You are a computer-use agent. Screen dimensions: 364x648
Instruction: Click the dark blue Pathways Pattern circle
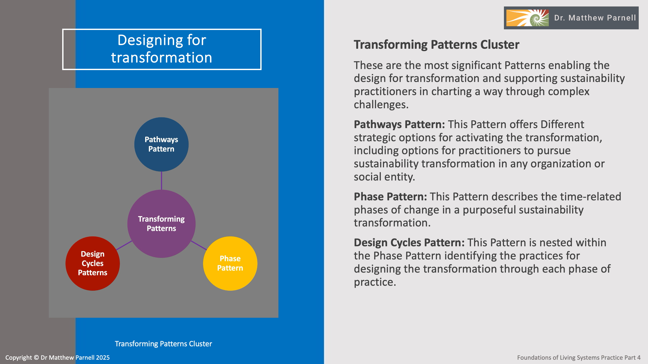pos(161,144)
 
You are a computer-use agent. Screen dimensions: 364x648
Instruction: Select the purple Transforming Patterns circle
pos(161,224)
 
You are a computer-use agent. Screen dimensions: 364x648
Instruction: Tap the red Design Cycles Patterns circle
pos(93,263)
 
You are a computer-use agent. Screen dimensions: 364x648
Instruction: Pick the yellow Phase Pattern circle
pos(230,263)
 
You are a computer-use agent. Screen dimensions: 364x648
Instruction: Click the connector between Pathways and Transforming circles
pos(162,180)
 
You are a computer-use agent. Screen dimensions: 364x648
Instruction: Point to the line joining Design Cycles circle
pos(124,245)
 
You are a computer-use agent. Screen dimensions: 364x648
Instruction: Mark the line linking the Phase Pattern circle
pos(199,245)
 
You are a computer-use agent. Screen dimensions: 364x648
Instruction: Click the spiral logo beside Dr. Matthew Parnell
pos(527,18)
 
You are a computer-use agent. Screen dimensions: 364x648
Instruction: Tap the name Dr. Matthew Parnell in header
pos(595,18)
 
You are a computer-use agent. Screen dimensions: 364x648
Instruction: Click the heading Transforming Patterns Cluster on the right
pos(437,44)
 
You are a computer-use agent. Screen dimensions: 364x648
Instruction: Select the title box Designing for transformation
pos(162,49)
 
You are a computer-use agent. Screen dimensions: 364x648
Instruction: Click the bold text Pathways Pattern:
pos(399,124)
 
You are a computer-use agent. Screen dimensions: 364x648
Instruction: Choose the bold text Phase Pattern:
pos(390,197)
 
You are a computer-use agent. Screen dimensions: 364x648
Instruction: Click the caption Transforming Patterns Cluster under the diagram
pos(163,344)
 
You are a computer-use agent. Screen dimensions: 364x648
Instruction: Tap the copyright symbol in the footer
pos(36,358)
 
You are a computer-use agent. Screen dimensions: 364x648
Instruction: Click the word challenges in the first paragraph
pos(381,105)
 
